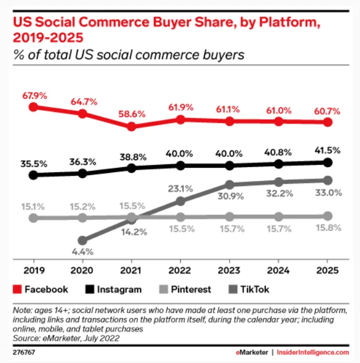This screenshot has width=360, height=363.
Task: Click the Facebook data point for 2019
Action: click(x=33, y=107)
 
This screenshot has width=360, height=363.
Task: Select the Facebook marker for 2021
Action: click(x=131, y=126)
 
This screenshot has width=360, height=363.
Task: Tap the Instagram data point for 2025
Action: click(x=328, y=163)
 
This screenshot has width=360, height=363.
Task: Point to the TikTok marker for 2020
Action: click(x=83, y=240)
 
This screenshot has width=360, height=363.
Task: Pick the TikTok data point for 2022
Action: click(x=181, y=201)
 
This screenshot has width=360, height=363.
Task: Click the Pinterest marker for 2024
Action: click(x=279, y=217)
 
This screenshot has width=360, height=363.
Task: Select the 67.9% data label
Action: click(x=33, y=94)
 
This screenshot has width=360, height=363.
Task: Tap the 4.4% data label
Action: click(x=83, y=252)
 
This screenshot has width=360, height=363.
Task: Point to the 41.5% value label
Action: click(x=328, y=150)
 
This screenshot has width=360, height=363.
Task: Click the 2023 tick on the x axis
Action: click(x=230, y=269)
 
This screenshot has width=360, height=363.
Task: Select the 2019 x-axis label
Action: click(x=33, y=269)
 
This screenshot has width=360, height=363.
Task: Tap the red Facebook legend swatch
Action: click(x=18, y=289)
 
